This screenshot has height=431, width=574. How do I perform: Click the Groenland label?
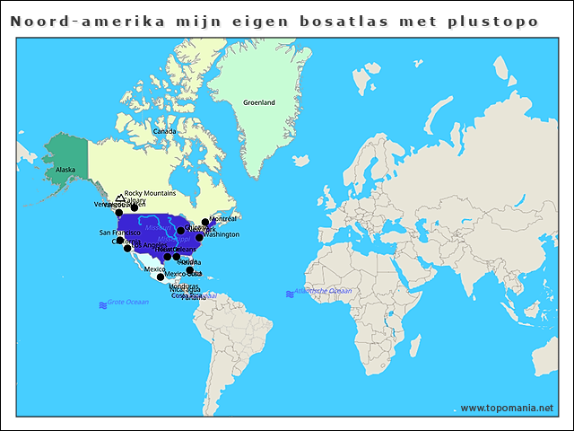pos(259,102)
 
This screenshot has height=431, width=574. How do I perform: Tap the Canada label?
pos(164,131)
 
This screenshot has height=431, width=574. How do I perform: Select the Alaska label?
pos(65,169)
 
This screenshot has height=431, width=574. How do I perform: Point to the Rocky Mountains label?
pos(150,193)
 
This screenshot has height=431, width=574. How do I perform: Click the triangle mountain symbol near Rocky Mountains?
pos(120,198)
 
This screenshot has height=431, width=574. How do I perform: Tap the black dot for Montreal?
pos(205,222)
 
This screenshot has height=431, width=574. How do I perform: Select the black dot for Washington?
pos(199,238)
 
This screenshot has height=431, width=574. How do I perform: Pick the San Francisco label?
pos(119,233)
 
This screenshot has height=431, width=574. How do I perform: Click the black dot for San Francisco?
pos(120,241)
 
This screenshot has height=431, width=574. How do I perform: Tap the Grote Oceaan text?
pos(127,303)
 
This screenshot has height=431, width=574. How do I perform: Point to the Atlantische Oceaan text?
pos(324,291)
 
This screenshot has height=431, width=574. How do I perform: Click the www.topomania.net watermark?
pos(507,408)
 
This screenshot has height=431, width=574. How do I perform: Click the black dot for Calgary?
pos(135,207)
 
